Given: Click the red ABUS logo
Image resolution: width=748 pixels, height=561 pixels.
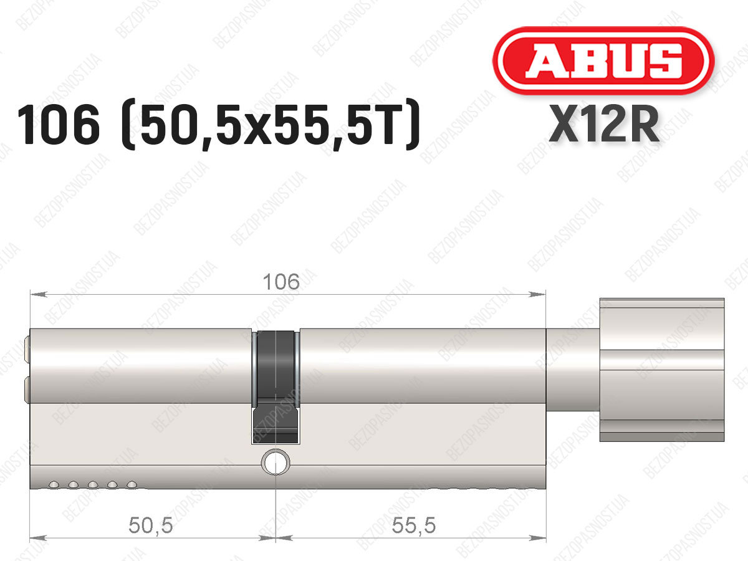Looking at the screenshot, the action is [x=603, y=60].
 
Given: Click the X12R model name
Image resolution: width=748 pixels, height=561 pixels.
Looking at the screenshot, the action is [x=604, y=124].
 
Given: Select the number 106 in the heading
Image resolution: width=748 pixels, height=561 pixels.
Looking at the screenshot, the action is [x=59, y=125].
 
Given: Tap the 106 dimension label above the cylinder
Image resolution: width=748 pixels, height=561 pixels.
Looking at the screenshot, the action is [x=281, y=282].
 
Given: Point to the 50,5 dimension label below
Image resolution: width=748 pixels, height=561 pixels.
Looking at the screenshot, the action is [x=151, y=525].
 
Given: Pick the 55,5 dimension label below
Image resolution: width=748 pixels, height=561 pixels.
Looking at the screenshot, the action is [x=414, y=525].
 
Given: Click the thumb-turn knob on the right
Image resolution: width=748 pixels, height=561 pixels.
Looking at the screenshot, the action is [x=662, y=370].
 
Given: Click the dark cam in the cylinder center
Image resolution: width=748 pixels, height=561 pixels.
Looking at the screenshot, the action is [x=276, y=387].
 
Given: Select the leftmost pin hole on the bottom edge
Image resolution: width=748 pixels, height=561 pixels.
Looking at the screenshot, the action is [x=54, y=484].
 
